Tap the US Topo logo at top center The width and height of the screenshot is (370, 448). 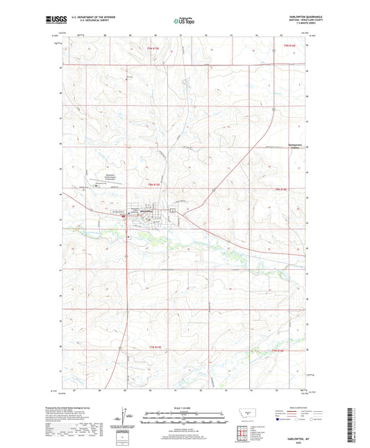click(x=183, y=21)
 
